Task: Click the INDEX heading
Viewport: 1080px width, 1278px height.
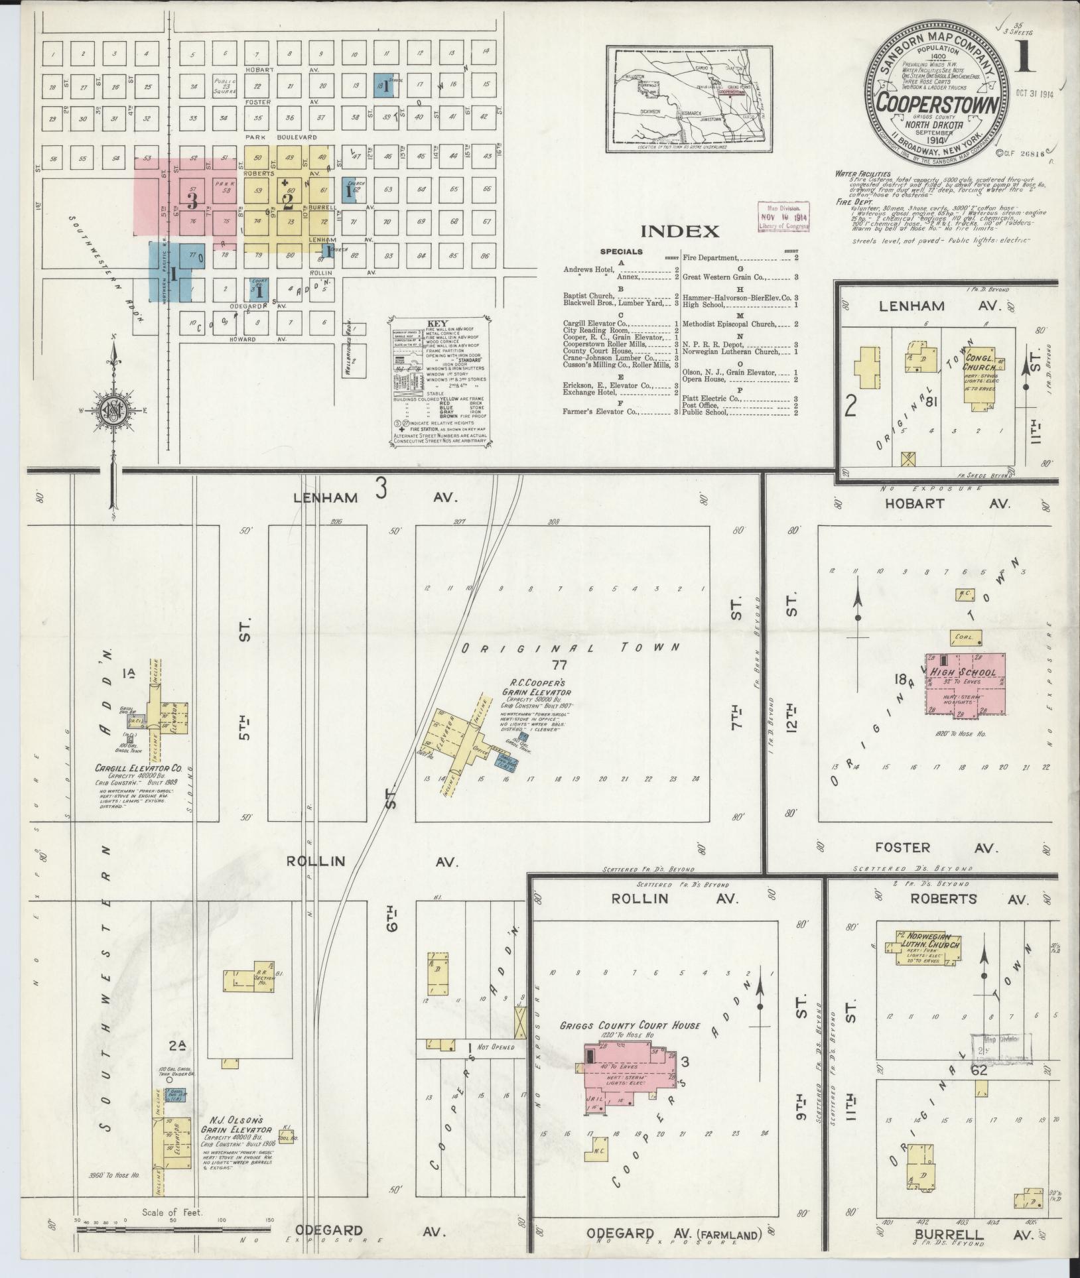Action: (680, 231)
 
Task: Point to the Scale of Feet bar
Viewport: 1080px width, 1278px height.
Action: (172, 1229)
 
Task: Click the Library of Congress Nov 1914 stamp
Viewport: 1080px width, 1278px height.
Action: (785, 217)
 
